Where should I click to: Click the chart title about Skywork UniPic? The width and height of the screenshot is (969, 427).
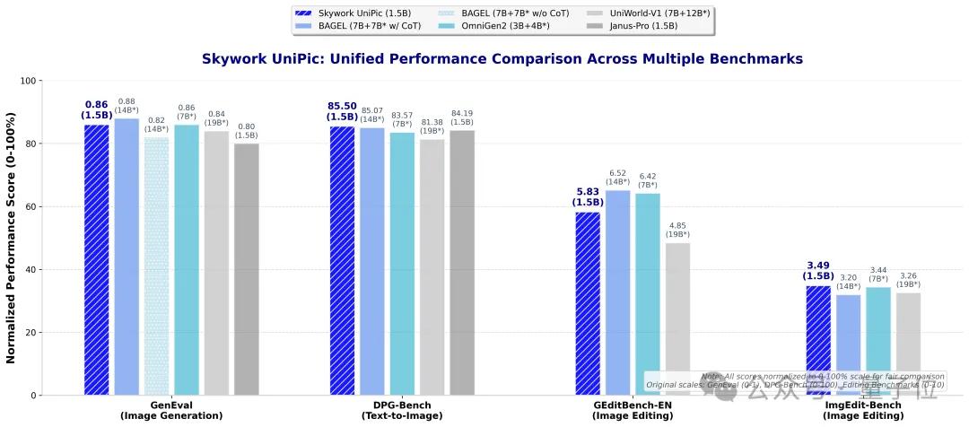[502, 59]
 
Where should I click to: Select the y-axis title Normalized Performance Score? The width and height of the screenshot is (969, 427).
[12, 238]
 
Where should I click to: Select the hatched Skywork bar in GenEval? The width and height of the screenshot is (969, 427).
[96, 260]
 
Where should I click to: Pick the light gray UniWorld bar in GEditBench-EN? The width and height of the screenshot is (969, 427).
[677, 319]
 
